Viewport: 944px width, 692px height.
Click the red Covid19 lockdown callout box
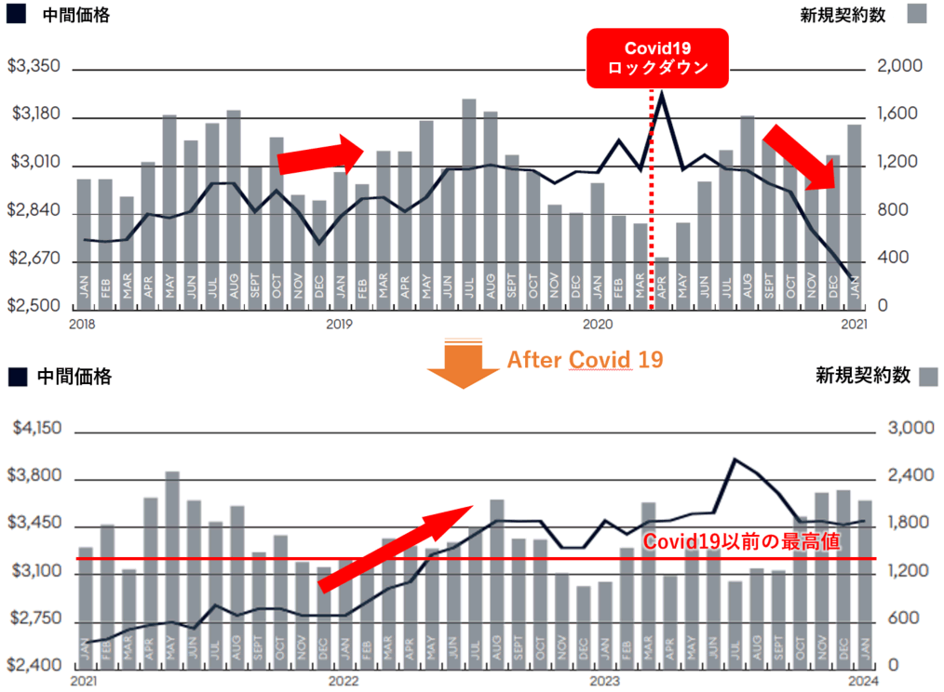tap(657, 59)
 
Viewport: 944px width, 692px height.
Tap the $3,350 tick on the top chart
tap(34, 67)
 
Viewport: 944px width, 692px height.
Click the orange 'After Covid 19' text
tap(585, 359)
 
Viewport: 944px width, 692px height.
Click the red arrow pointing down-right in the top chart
tap(805, 156)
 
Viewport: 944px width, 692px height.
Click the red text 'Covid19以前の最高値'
tap(742, 541)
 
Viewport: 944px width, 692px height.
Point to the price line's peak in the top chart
tap(661, 93)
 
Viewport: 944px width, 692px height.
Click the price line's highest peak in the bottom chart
tap(735, 459)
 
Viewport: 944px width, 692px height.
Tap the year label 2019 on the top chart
tap(338, 324)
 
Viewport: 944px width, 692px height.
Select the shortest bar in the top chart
tap(662, 282)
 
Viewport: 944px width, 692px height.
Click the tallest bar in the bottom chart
tap(171, 568)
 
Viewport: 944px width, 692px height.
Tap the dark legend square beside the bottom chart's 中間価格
tap(15, 376)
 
